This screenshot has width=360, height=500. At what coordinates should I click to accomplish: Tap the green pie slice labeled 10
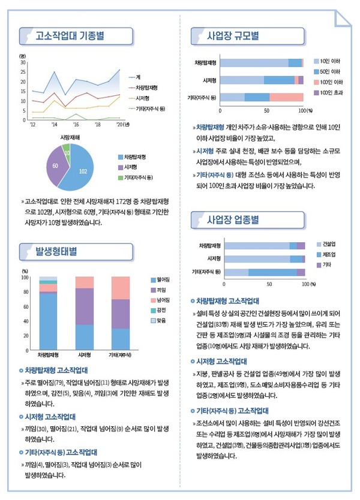(x=67, y=153)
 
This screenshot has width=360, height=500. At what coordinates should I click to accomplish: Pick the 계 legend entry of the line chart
(x=137, y=77)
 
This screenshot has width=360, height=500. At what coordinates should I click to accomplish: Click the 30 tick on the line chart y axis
(x=23, y=62)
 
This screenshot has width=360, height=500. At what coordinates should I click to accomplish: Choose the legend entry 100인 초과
(x=331, y=92)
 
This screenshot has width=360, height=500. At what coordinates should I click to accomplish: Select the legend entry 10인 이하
(x=330, y=61)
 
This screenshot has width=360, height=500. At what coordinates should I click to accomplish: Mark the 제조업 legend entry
(x=328, y=254)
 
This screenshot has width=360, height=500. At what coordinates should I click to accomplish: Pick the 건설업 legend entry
(x=328, y=244)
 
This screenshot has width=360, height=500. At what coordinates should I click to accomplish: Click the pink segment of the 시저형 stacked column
(x=84, y=282)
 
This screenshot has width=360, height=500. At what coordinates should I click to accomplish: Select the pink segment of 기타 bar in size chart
(x=286, y=97)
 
